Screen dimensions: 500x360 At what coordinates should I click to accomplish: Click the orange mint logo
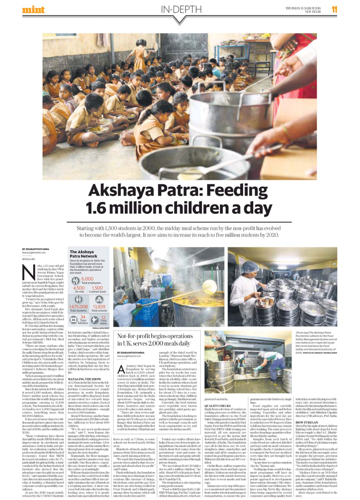click(x=33, y=9)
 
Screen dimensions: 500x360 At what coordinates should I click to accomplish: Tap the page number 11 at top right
click(x=334, y=9)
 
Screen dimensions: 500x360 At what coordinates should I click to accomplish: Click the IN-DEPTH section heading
click(x=181, y=9)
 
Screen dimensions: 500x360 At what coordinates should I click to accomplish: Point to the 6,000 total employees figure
click(x=87, y=279)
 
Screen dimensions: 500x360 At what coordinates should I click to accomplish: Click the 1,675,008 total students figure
click(x=78, y=307)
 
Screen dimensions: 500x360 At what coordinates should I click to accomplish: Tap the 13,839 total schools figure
click(x=99, y=307)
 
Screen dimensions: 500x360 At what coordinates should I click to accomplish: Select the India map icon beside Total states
click(x=95, y=320)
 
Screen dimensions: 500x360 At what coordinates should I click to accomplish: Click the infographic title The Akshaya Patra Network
click(x=83, y=254)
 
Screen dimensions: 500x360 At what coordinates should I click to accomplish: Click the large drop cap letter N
click(x=28, y=273)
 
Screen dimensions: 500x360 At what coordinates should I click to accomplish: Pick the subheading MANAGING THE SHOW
click(x=84, y=379)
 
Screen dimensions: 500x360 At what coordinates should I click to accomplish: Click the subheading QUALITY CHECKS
click(x=217, y=406)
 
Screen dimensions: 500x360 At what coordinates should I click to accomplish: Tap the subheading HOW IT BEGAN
click(x=307, y=422)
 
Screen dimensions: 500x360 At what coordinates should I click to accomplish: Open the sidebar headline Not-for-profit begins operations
click(x=155, y=340)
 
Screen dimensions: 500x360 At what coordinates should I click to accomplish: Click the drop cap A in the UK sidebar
click(x=121, y=369)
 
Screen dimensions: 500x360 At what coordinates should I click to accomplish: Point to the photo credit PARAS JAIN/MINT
click(x=101, y=328)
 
